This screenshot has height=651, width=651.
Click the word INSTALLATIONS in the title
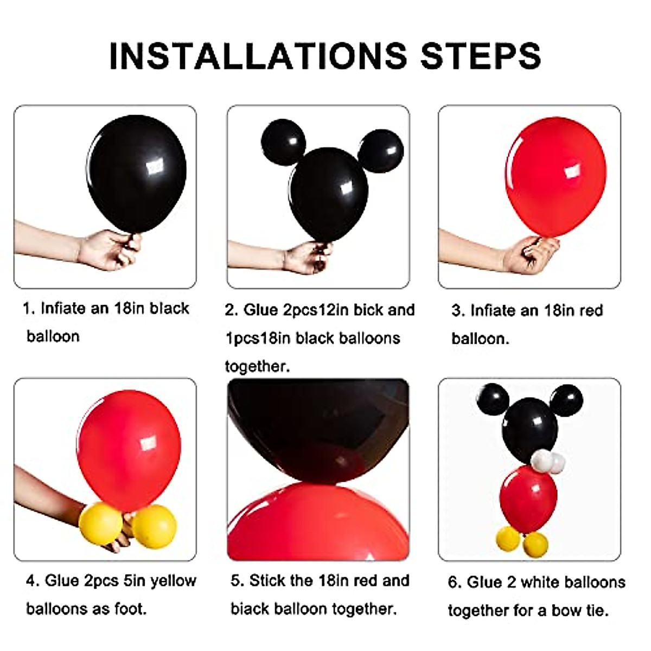(x=258, y=55)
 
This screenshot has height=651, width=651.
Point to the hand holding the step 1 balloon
(x=108, y=250)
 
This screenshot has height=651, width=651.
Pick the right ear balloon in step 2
(x=381, y=151)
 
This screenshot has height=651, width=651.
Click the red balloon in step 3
(x=556, y=176)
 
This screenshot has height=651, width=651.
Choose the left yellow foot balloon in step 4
(x=100, y=523)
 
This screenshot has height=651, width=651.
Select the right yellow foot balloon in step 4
(x=155, y=526)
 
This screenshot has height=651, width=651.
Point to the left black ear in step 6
(x=493, y=400)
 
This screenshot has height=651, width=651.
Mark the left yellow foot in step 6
(x=508, y=538)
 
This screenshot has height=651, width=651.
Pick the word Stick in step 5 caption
(x=267, y=581)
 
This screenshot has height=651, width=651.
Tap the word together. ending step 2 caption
(x=257, y=367)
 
